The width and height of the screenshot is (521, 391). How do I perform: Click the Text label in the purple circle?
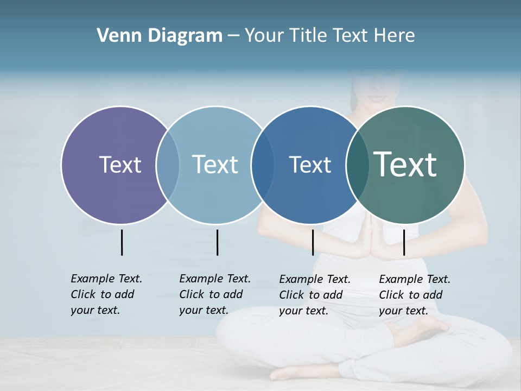(x=120, y=165)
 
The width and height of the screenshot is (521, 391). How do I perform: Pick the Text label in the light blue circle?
(x=215, y=165)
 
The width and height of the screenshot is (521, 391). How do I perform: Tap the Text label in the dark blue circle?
(x=310, y=165)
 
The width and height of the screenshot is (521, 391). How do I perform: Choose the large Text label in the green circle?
(x=405, y=164)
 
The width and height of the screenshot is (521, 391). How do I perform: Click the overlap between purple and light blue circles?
(x=168, y=165)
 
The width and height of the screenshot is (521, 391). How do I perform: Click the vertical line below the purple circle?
(x=122, y=242)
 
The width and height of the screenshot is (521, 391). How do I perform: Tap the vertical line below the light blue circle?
(x=217, y=242)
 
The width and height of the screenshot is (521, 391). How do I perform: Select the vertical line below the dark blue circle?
(x=313, y=242)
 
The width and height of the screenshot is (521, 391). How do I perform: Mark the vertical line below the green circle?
(x=404, y=242)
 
